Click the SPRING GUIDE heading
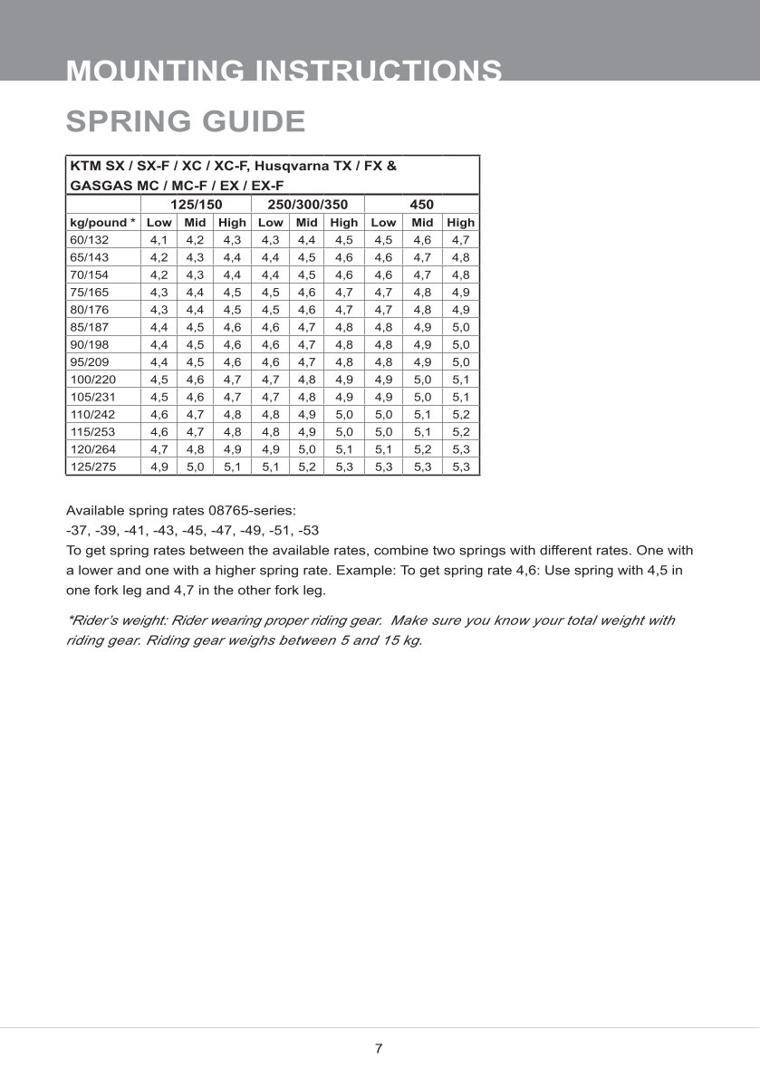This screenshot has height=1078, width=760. coord(186,120)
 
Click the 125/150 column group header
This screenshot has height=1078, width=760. coord(197,205)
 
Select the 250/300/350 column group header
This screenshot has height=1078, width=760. coord(307,205)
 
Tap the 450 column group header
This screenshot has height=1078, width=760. coord(422,205)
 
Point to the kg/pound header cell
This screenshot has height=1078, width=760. coord(102,222)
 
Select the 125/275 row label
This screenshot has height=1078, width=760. coord(91,467)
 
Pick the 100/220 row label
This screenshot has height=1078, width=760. coord(91,380)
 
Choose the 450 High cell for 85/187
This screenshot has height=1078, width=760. coord(460,327)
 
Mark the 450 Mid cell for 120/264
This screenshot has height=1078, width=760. coord(422,449)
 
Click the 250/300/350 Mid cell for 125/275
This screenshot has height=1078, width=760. coord(307,467)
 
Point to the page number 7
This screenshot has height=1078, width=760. coord(379,1049)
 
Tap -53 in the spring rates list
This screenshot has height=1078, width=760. coord(308,530)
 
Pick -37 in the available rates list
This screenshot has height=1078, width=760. coord(76,530)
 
